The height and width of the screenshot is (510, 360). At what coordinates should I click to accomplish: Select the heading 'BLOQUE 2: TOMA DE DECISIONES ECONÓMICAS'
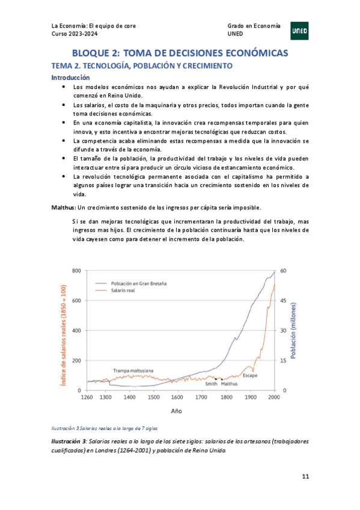click(180, 53)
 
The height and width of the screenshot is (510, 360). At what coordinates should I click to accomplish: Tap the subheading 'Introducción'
click(70, 78)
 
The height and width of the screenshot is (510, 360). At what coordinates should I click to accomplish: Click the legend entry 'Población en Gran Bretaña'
click(139, 283)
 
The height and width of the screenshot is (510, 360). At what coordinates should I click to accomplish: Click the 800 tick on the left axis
click(76, 271)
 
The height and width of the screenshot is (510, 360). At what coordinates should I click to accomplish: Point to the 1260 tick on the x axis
click(87, 398)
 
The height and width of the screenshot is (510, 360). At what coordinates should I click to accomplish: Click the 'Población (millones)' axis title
click(294, 330)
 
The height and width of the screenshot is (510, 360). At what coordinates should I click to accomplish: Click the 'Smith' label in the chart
click(211, 383)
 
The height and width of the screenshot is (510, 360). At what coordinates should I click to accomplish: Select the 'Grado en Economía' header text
click(254, 26)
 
